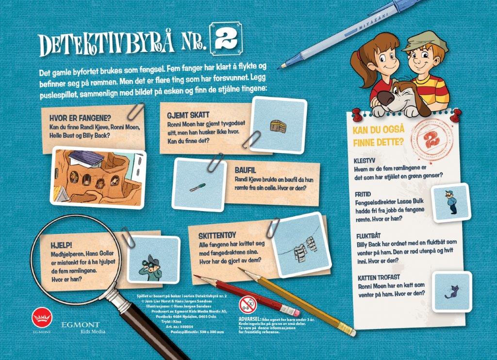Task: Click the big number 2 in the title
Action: click(226, 40)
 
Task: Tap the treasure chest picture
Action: click(278, 126)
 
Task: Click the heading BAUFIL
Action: click(245, 170)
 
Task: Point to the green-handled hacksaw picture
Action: click(198, 187)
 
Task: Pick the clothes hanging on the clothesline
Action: click(304, 247)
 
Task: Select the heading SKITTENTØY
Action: click(217, 236)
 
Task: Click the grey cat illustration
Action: click(451, 292)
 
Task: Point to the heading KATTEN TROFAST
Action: click(379, 278)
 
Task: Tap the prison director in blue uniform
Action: click(450, 202)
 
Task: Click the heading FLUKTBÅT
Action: click(368, 236)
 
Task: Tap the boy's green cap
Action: click(425, 41)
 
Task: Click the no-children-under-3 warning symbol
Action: click(248, 305)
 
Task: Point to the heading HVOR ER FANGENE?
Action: click(80, 118)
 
